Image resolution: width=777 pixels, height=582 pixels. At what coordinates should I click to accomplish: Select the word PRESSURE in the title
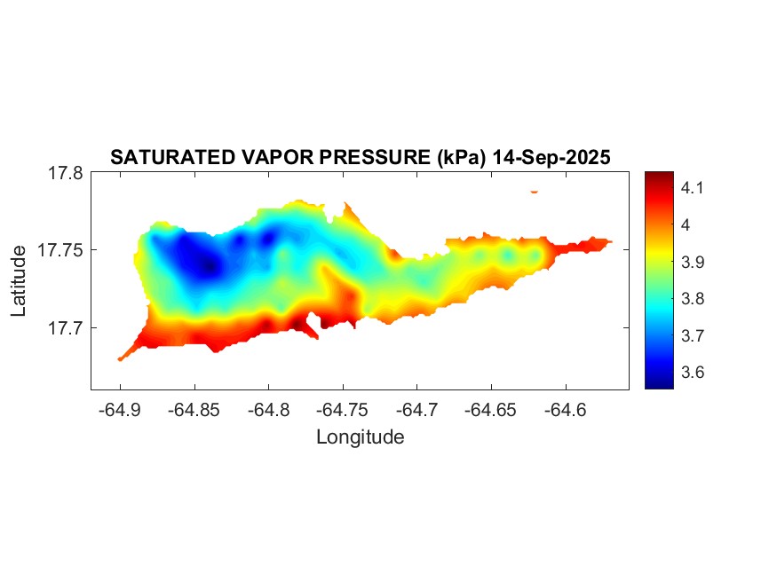click(x=377, y=158)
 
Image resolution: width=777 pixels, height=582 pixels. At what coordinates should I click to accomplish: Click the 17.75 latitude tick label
click(x=60, y=250)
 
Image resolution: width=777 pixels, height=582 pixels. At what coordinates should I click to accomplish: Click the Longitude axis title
click(x=361, y=437)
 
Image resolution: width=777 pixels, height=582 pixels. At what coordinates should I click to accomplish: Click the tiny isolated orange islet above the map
click(x=535, y=191)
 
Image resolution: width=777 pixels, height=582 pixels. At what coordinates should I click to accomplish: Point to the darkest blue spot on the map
click(x=210, y=266)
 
